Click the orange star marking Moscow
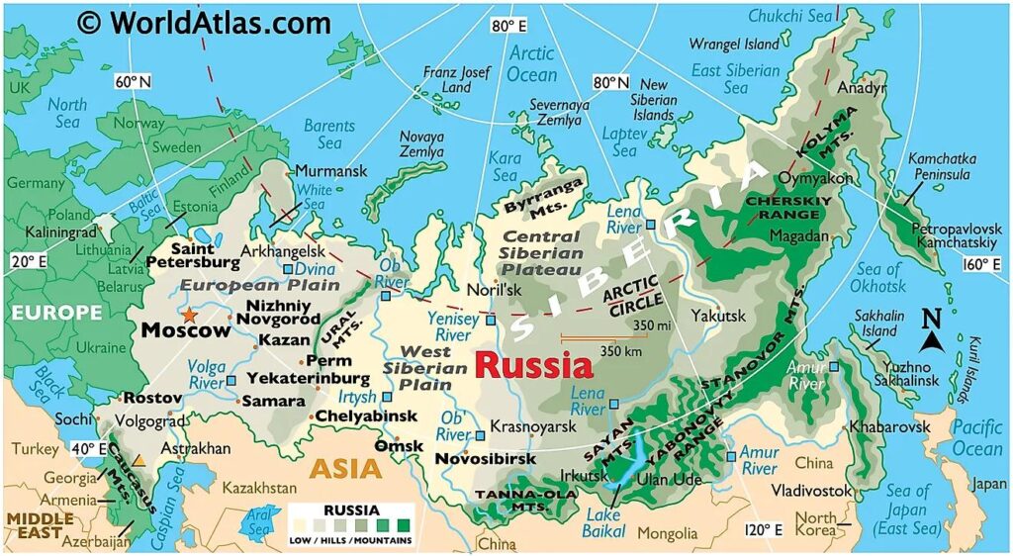click(188, 315)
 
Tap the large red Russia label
click(533, 366)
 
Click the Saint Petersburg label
click(192, 255)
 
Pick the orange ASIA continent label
click(345, 468)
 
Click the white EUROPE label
click(55, 313)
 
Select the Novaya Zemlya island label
click(421, 144)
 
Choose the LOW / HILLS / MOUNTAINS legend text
click(350, 540)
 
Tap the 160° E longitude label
click(982, 264)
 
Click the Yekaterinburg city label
click(308, 378)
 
